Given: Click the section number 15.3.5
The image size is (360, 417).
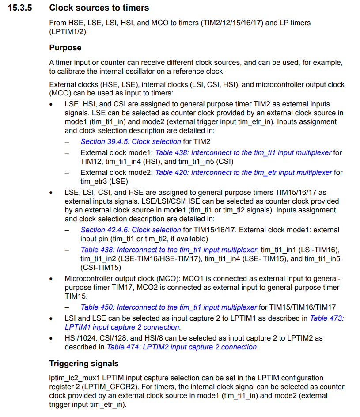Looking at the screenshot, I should click(x=23, y=8).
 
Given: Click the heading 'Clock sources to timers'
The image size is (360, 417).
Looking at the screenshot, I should click(x=99, y=8).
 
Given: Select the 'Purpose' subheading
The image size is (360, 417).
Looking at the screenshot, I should click(x=65, y=47).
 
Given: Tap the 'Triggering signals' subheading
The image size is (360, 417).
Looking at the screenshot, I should click(x=83, y=364).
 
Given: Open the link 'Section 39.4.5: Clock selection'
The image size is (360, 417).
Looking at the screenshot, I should click(x=130, y=141).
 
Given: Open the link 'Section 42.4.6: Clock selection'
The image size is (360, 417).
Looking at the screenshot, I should click(x=130, y=230).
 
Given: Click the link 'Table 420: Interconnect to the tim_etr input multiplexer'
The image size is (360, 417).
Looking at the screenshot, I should click(x=243, y=172).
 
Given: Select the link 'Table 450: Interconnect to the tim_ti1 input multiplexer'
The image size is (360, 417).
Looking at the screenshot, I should click(x=168, y=307).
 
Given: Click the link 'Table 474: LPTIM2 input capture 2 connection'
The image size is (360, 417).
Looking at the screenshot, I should click(x=182, y=347).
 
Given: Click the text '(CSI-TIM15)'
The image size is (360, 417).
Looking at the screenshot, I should click(x=101, y=267).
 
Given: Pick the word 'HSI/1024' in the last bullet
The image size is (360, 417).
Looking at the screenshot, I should click(x=79, y=338).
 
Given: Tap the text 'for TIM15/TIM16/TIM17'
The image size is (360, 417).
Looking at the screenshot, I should click(x=297, y=307).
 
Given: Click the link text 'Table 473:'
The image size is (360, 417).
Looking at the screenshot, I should click(x=326, y=318).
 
